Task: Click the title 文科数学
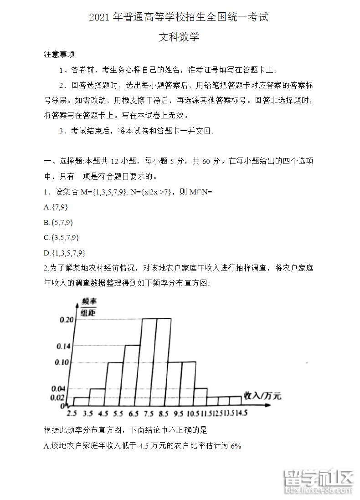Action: coord(179,37)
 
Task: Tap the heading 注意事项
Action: coord(60,55)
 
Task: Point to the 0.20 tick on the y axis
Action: coord(67,320)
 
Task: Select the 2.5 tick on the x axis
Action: coord(72,413)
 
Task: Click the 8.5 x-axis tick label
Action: coord(164,413)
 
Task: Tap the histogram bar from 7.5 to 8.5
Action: coord(164,362)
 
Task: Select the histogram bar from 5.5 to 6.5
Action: coord(132,375)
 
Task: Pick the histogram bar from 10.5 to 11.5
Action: coord(201,397)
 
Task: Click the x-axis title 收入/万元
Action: coord(262,395)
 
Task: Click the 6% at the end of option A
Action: coord(236,446)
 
